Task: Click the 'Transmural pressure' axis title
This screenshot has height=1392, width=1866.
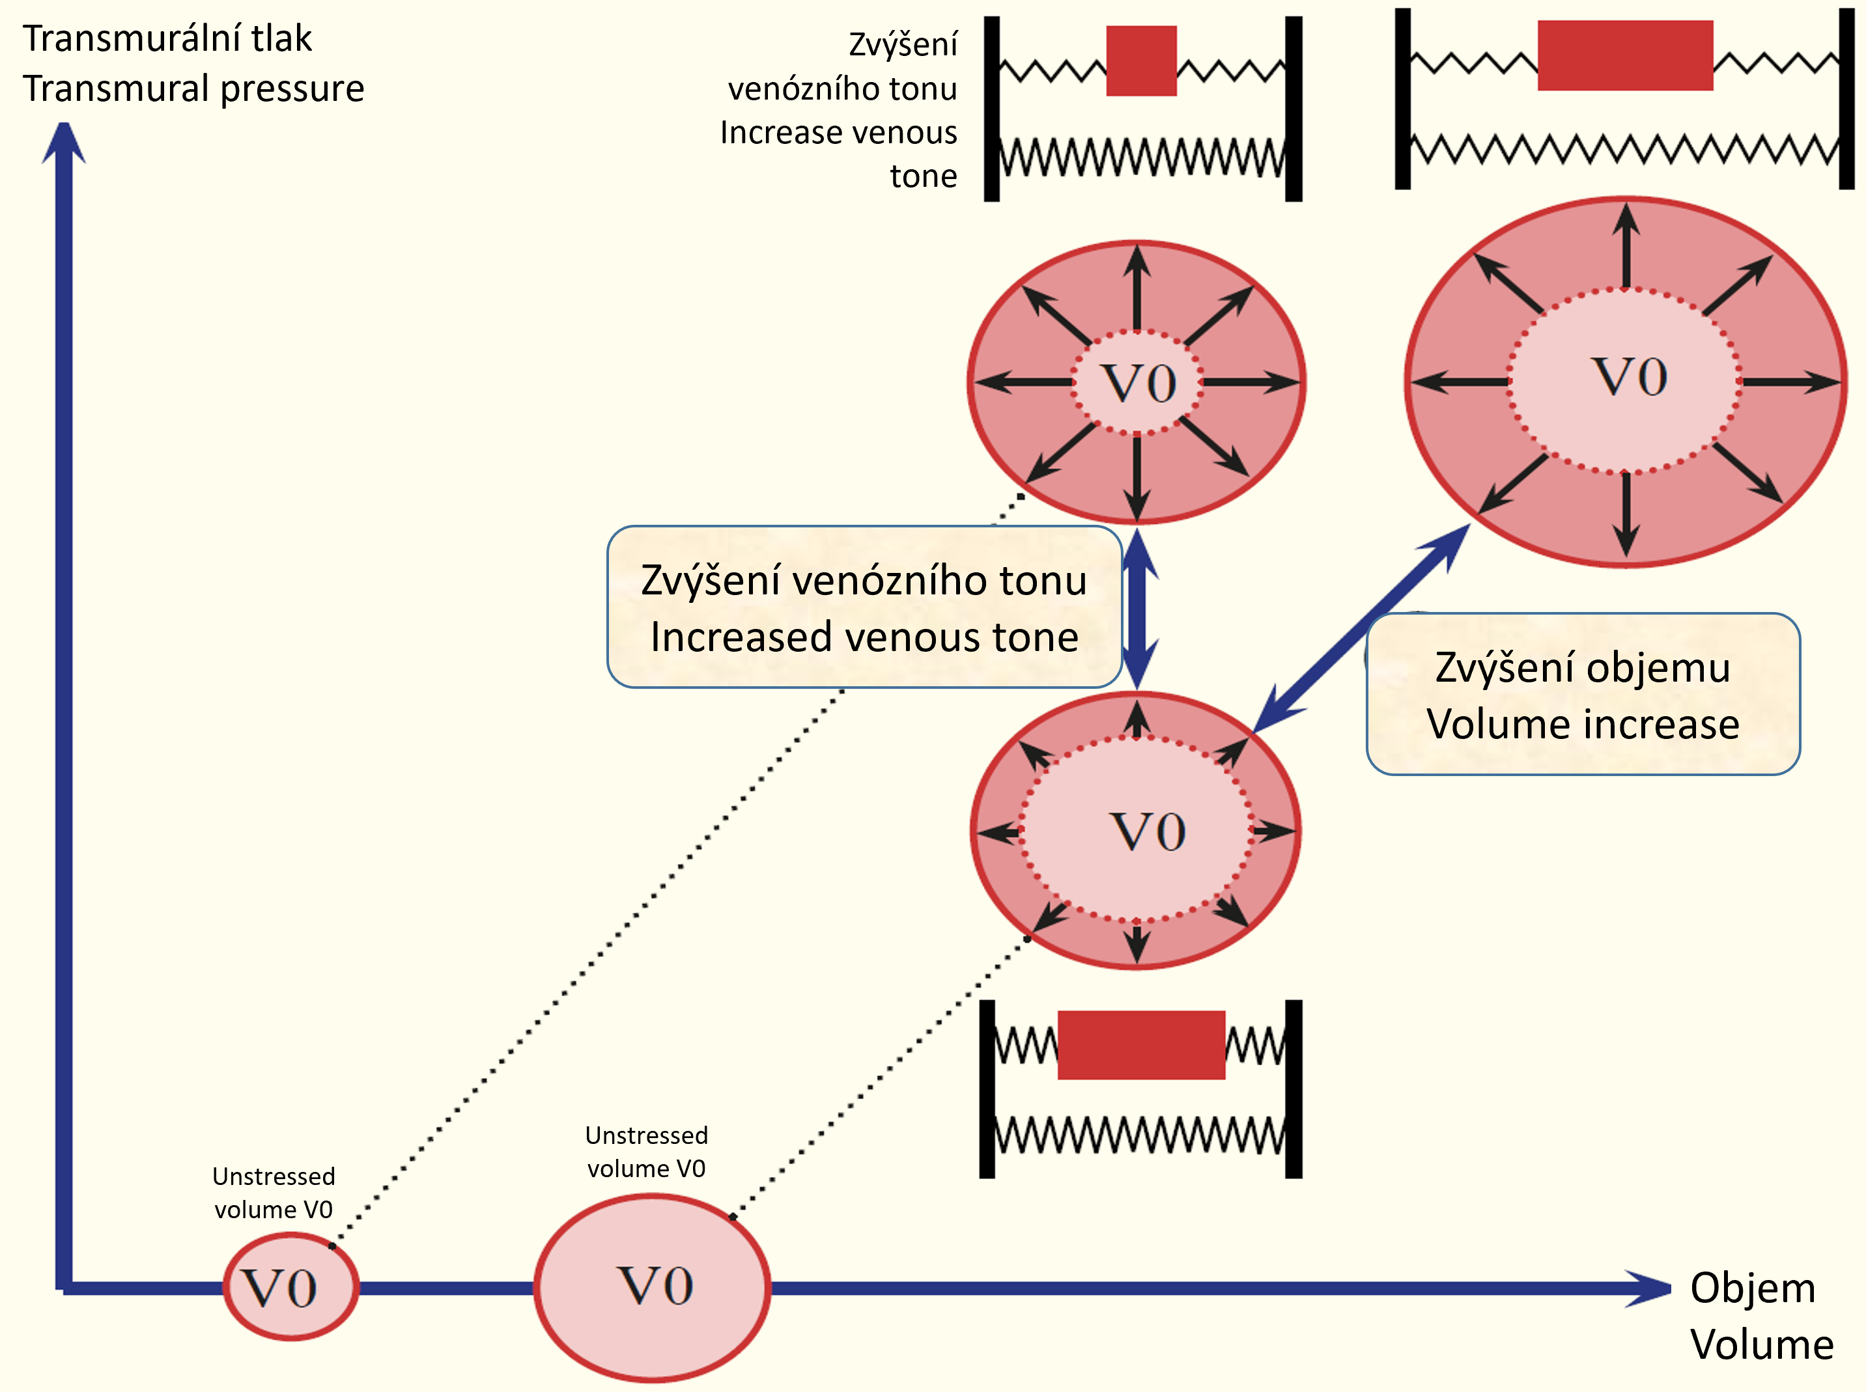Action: coord(193,89)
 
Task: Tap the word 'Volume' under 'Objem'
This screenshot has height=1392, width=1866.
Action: coord(1762,1344)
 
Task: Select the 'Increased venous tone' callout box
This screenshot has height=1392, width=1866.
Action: coord(864,607)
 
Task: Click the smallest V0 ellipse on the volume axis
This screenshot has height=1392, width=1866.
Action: coord(290,1287)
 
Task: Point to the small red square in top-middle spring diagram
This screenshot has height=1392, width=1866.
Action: coord(1140,61)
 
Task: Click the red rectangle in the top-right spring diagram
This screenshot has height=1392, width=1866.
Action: coord(1625,55)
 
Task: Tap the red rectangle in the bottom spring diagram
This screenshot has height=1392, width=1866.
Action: coord(1140,1045)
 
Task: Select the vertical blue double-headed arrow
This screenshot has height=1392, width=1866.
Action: coord(1138,608)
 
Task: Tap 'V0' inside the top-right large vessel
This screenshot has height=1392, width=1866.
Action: coord(1628,377)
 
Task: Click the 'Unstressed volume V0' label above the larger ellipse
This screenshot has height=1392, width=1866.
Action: coord(647,1152)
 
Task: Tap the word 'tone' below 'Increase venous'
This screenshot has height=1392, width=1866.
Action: coord(923,176)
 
